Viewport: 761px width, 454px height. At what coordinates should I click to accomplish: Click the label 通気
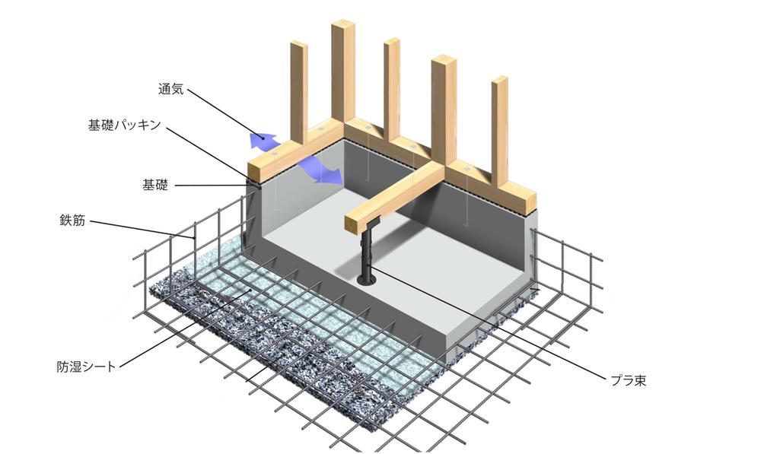pyautogui.click(x=170, y=89)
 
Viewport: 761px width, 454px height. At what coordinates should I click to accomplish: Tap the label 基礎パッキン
pyautogui.click(x=124, y=125)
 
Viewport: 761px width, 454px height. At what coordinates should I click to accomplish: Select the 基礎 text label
pyautogui.click(x=154, y=185)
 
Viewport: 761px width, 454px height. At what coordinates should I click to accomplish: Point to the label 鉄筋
pyautogui.click(x=72, y=221)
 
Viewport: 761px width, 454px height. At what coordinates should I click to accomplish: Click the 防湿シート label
pyautogui.click(x=87, y=367)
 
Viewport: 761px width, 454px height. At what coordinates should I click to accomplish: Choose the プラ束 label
pyautogui.click(x=629, y=379)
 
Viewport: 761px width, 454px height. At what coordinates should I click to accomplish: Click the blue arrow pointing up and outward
pyautogui.click(x=262, y=139)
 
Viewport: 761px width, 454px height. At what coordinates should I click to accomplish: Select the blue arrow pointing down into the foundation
pyautogui.click(x=320, y=171)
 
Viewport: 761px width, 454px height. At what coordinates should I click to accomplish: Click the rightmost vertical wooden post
pyautogui.click(x=499, y=130)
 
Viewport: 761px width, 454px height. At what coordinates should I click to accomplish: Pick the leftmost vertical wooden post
pyautogui.click(x=299, y=92)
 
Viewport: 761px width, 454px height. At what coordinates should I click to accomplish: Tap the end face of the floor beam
pyautogui.click(x=354, y=224)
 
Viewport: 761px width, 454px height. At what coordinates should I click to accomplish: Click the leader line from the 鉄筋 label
pyautogui.click(x=143, y=230)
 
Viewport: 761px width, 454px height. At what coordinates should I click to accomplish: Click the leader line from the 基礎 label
pyautogui.click(x=212, y=185)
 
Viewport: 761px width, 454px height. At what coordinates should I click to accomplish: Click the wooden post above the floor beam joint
pyautogui.click(x=444, y=110)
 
